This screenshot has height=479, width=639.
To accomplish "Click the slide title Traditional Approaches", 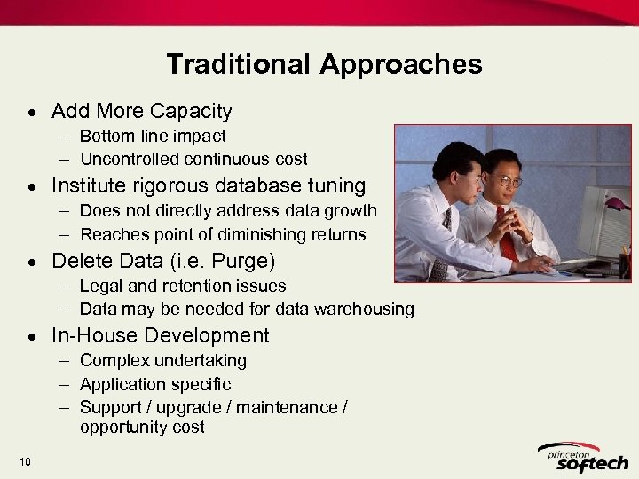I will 324,64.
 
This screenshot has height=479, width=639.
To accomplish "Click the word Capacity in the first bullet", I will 191,112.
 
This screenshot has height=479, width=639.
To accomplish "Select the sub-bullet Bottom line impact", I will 153,136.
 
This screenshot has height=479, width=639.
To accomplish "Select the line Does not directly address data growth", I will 228,211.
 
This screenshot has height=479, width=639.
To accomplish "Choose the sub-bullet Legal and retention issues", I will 183,286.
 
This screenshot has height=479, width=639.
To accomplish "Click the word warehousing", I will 367,310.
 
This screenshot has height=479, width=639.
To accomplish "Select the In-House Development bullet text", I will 160,335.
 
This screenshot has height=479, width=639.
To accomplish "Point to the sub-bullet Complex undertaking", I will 163,361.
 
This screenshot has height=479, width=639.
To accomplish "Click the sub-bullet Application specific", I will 155,384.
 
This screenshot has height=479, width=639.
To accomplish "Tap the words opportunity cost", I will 142,428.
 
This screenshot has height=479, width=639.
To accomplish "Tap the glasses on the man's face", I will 507,182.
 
